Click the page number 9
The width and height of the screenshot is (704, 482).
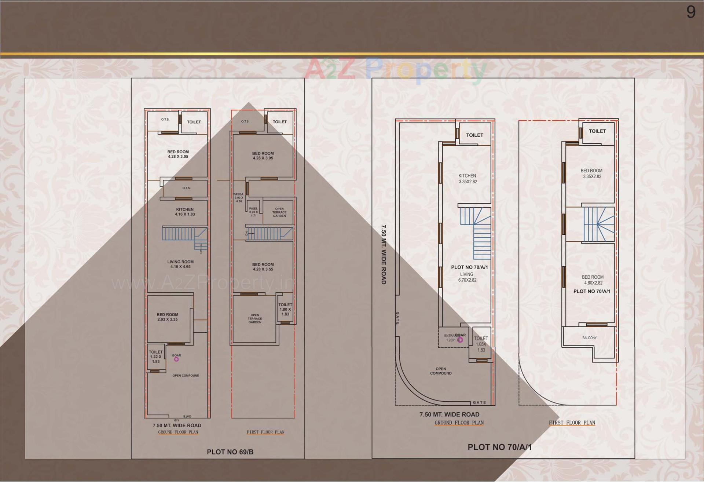tap(691, 12)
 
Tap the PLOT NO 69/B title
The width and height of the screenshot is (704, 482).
tap(230, 452)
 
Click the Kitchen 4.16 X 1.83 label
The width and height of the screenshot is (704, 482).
tap(185, 212)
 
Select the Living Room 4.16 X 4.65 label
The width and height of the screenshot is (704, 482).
tap(180, 264)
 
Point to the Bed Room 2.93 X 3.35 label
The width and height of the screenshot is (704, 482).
tap(168, 317)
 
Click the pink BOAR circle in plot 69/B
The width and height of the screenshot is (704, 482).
tap(176, 359)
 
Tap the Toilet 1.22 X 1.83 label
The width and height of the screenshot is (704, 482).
tap(156, 357)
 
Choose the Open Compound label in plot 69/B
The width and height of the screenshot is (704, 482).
tap(186, 376)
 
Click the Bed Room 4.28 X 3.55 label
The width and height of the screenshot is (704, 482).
tap(263, 267)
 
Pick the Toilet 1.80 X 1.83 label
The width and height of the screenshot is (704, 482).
tap(285, 309)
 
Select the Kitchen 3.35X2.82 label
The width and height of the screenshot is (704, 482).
tap(467, 179)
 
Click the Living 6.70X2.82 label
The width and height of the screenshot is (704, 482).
tap(467, 277)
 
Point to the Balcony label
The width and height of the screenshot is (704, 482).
tap(590, 338)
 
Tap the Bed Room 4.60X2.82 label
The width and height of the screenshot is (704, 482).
tap(593, 280)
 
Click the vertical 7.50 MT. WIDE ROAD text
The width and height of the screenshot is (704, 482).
tap(384, 255)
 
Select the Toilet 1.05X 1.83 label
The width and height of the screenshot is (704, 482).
tap(481, 344)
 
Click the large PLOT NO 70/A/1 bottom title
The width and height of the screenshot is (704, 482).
tap(499, 447)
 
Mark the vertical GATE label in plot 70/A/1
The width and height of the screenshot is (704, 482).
tap(397, 318)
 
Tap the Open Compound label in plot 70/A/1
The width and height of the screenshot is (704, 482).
tap(441, 371)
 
